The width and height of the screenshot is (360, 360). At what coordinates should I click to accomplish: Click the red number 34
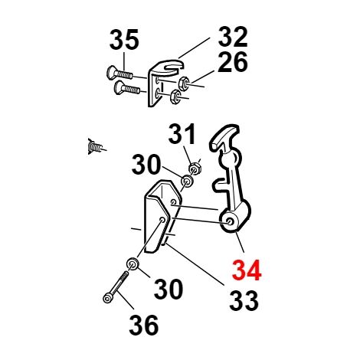click(x=247, y=270)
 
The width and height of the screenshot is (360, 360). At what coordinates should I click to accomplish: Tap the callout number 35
click(x=124, y=40)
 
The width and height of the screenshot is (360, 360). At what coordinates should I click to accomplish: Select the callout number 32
click(x=233, y=37)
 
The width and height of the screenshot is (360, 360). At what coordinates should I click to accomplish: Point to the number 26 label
click(x=233, y=62)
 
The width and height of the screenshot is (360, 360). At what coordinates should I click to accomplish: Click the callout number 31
click(x=182, y=134)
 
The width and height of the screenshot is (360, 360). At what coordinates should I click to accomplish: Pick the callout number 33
click(x=244, y=300)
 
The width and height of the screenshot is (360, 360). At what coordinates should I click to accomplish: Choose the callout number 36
click(x=143, y=325)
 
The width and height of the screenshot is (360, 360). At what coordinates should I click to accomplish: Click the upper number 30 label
click(x=146, y=165)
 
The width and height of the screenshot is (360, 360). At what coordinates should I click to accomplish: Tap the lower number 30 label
click(x=169, y=289)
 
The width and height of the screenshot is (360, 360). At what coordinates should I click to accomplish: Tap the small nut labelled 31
click(x=195, y=169)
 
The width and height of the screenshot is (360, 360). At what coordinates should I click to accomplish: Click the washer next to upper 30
click(x=187, y=182)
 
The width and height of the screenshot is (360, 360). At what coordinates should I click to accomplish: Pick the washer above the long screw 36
click(x=133, y=263)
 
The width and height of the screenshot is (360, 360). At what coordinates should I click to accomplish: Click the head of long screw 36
click(x=107, y=298)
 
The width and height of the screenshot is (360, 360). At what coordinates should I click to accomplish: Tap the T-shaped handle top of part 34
click(x=224, y=137)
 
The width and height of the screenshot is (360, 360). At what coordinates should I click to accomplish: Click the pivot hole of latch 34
click(x=230, y=221)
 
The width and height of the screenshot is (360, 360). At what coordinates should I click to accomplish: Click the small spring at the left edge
click(x=96, y=146)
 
